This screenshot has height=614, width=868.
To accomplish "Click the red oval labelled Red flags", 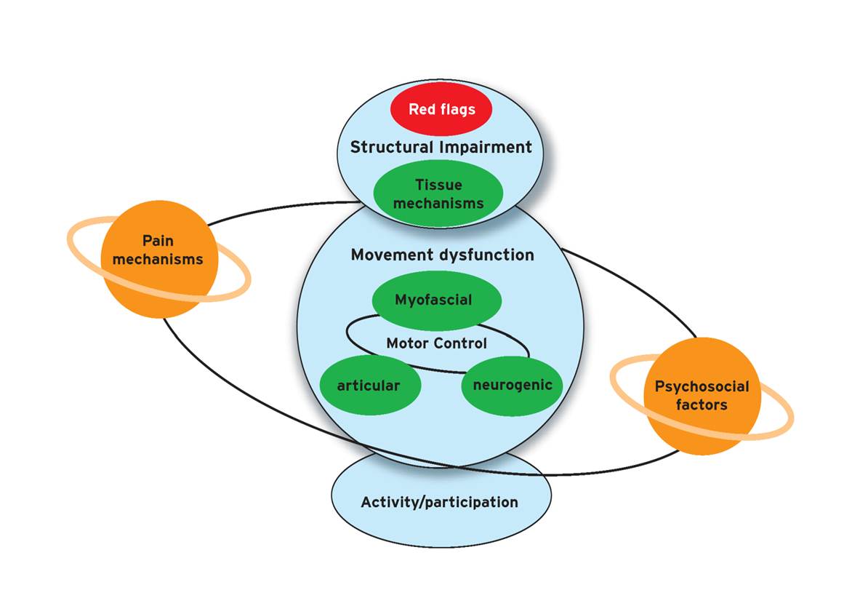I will [x=441, y=109].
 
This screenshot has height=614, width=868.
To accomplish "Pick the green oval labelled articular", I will [x=369, y=385].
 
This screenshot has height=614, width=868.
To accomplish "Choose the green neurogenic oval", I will [x=513, y=385].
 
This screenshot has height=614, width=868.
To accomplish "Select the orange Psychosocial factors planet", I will [x=702, y=396].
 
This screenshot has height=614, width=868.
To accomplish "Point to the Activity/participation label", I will [x=439, y=502].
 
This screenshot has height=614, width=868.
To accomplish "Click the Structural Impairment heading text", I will [x=441, y=147].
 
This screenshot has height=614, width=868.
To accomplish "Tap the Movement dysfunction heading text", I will [x=442, y=255].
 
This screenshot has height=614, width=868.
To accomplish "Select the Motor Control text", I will [x=436, y=343].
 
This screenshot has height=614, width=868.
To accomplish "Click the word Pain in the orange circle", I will [x=158, y=241].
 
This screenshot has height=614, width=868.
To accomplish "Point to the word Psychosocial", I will [x=702, y=386].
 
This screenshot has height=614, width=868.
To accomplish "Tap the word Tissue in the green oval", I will [x=438, y=185].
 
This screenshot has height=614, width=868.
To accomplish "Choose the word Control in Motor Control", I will [x=460, y=343].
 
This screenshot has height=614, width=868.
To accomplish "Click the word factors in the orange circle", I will [x=702, y=405].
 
